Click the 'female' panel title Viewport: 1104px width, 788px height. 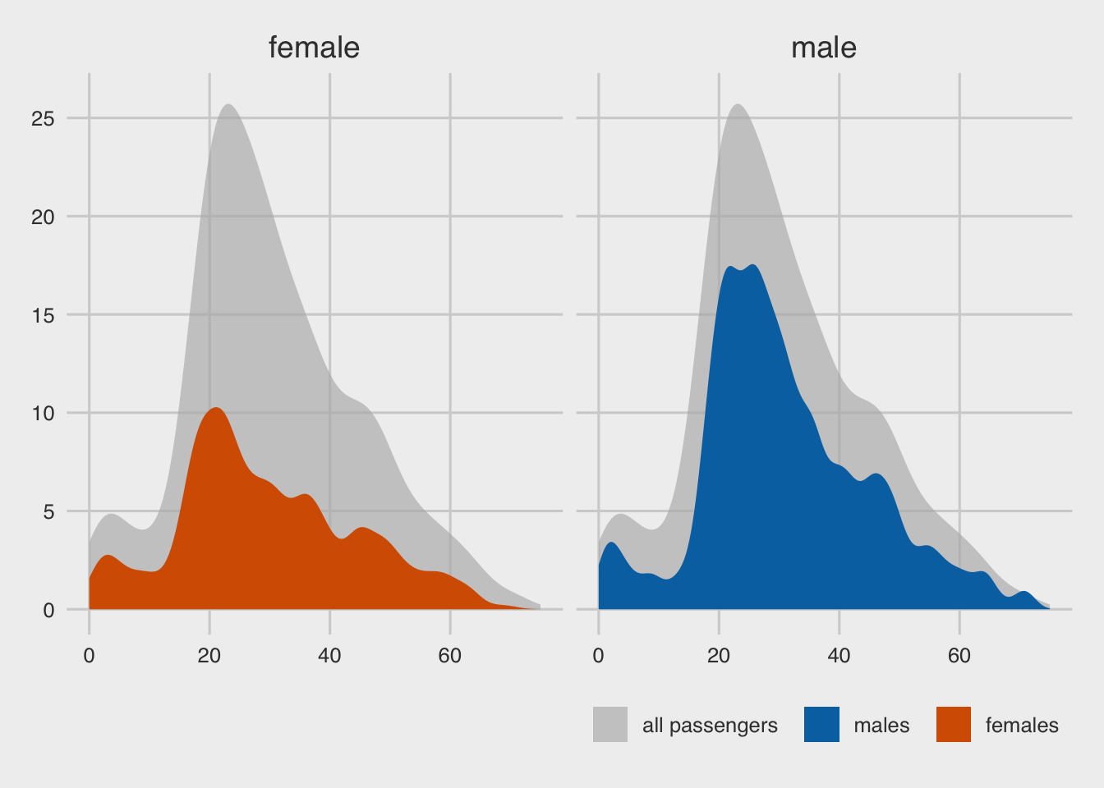click(314, 48)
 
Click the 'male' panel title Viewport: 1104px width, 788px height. click(823, 48)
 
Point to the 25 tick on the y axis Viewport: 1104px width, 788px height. click(43, 118)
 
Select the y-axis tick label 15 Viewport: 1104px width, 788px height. click(43, 314)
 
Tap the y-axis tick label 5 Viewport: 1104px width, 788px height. click(48, 511)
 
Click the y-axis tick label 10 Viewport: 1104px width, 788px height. click(43, 413)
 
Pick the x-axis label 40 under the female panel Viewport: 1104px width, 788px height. click(329, 656)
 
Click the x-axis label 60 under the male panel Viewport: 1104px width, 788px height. click(959, 656)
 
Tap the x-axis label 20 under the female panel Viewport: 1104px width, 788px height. click(209, 656)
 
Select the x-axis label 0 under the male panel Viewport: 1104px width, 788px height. click(599, 656)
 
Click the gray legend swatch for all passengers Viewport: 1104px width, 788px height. click(610, 725)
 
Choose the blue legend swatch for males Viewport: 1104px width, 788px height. click(821, 725)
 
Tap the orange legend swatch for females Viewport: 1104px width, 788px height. click(954, 725)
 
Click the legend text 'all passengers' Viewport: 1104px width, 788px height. click(710, 726)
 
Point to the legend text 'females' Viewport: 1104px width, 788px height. click(1022, 726)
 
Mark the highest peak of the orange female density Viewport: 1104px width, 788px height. click(215, 408)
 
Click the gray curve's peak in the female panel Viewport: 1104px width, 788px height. click(228, 105)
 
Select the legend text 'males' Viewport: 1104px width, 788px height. click(881, 726)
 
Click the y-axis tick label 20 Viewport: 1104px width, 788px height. click(43, 217)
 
